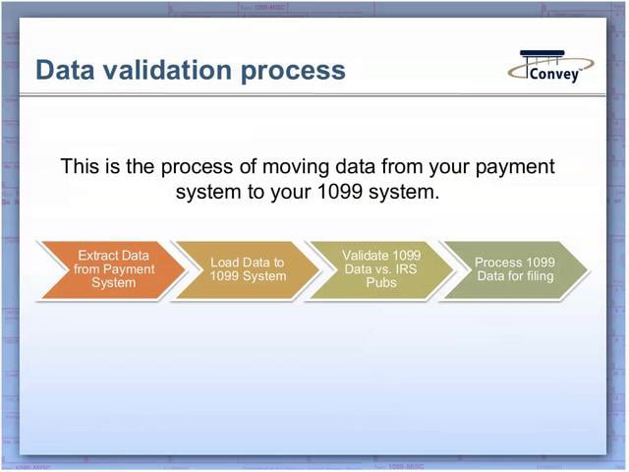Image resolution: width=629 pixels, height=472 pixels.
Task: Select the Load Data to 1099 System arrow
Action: (247, 269)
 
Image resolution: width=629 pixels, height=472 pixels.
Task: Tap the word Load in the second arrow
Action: (226, 263)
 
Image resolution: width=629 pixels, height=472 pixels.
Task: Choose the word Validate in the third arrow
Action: (366, 256)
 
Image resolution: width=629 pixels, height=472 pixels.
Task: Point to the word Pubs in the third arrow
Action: (381, 283)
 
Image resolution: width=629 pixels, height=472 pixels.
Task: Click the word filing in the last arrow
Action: (536, 276)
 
